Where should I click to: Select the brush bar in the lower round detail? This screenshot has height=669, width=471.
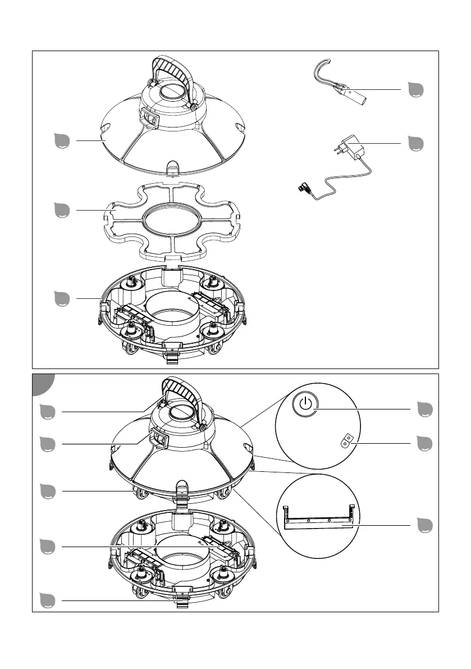point(319,524)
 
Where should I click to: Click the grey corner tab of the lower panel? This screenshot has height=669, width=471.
point(42,384)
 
